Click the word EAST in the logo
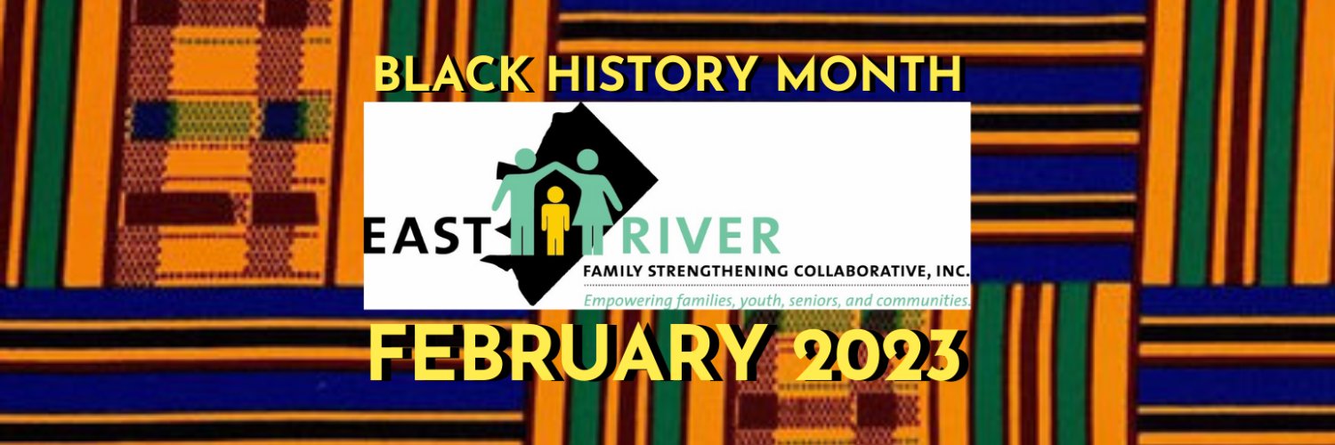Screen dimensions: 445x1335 click(427, 236)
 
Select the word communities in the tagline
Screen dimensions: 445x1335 click(921, 300)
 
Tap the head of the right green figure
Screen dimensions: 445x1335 click(587, 159)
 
